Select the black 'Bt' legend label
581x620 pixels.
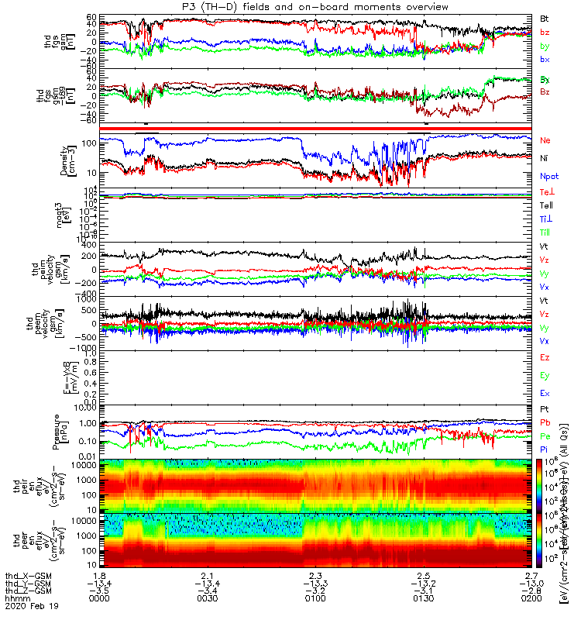pos(545,18)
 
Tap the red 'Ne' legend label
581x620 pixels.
pos(545,140)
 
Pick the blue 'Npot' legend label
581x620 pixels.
pos(549,177)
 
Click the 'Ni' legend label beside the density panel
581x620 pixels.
pos(545,158)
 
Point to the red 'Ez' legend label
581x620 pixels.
pos(545,357)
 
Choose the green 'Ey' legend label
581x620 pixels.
pos(545,376)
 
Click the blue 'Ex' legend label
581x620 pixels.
pos(545,394)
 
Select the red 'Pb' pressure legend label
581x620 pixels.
pos(545,422)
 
